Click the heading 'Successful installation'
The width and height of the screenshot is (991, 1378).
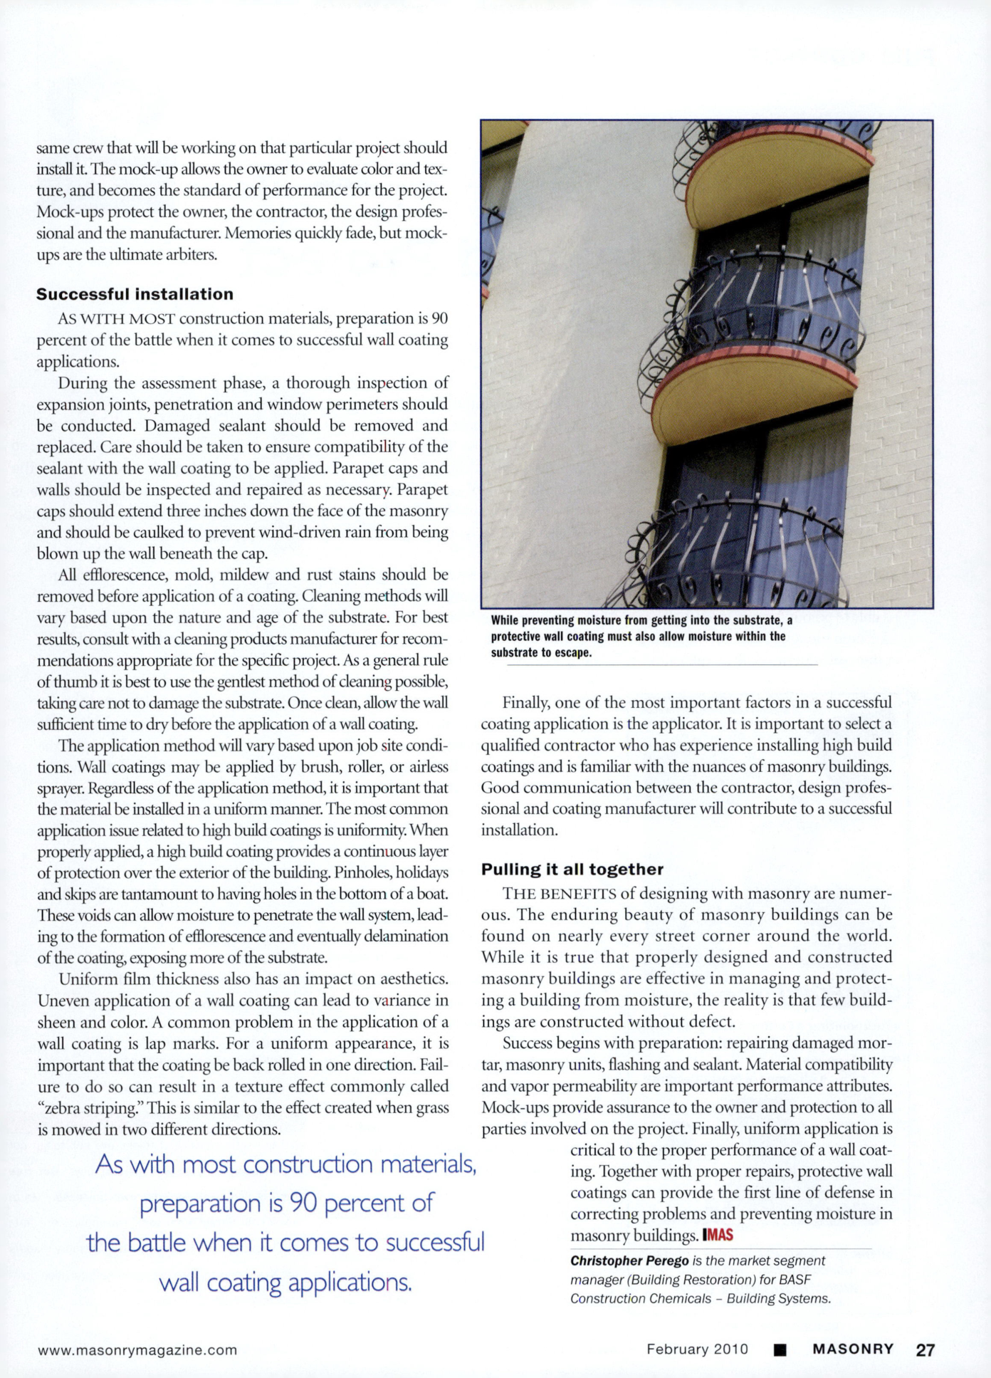135,294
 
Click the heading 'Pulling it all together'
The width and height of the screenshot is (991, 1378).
572,869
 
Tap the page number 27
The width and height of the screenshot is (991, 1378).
925,1350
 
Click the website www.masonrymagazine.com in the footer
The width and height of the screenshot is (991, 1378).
137,1350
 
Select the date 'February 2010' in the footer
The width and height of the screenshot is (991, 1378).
697,1349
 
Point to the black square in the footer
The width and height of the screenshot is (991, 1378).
780,1350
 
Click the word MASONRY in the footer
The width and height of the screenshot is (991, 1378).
853,1349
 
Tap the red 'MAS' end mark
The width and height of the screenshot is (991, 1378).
718,1235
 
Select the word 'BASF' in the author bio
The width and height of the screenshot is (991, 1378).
795,1279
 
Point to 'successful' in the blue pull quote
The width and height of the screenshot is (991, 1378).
434,1242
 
